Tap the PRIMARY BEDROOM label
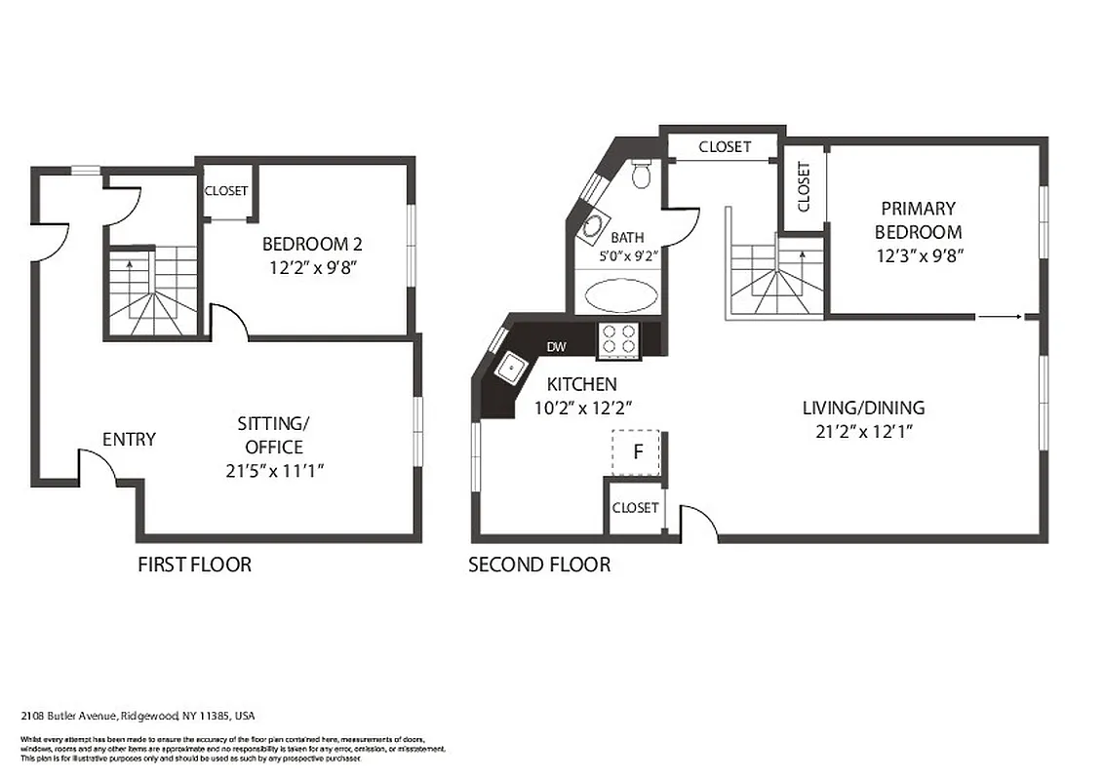pyautogui.click(x=918, y=220)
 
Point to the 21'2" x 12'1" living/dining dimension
pyautogui.click(x=863, y=432)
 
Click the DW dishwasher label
pyautogui.click(x=556, y=347)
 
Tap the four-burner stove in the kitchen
pyautogui.click(x=617, y=338)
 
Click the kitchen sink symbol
pyautogui.click(x=510, y=369)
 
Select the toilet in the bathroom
pyautogui.click(x=641, y=175)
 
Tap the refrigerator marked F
pyautogui.click(x=638, y=451)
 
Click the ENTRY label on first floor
pyautogui.click(x=129, y=440)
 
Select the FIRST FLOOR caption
pyautogui.click(x=194, y=565)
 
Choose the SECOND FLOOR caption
pyautogui.click(x=539, y=565)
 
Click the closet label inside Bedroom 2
pyautogui.click(x=226, y=191)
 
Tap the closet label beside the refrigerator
pyautogui.click(x=635, y=508)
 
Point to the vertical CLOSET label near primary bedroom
pyautogui.click(x=804, y=187)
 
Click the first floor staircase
pyautogui.click(x=152, y=292)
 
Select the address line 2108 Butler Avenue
pyautogui.click(x=138, y=716)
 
